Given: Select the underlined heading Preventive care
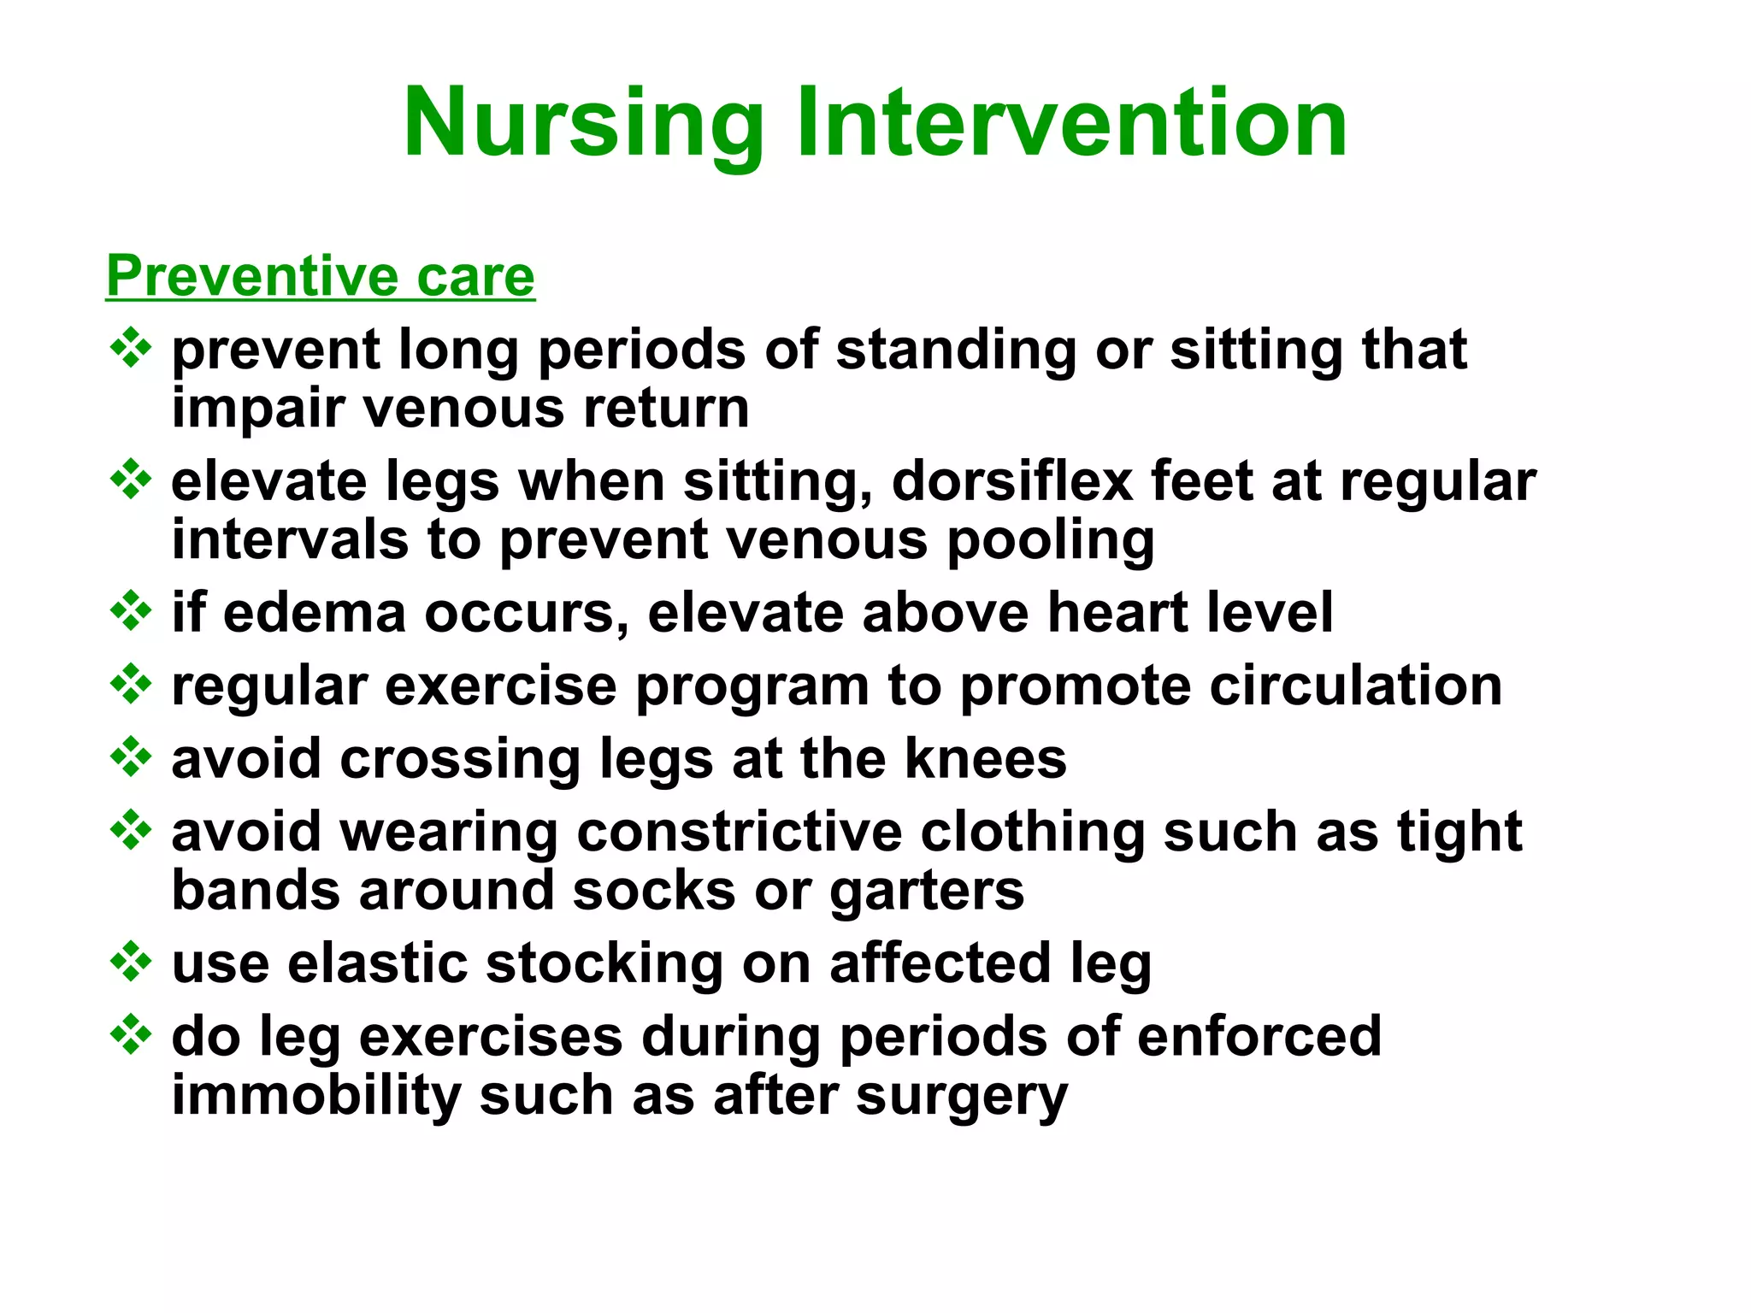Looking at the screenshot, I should pos(321,276).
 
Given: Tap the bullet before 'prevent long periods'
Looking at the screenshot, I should pos(131,348).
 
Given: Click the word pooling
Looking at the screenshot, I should pos(1051,541).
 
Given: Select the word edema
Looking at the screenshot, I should pos(314,613).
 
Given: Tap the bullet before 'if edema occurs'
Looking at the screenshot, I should pos(131,611).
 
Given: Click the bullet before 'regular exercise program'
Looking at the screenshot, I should pos(131,684).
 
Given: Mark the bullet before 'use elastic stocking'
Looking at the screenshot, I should pos(131,962).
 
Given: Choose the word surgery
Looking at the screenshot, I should pos(961,1097).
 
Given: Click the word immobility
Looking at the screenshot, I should pos(315,1097).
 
